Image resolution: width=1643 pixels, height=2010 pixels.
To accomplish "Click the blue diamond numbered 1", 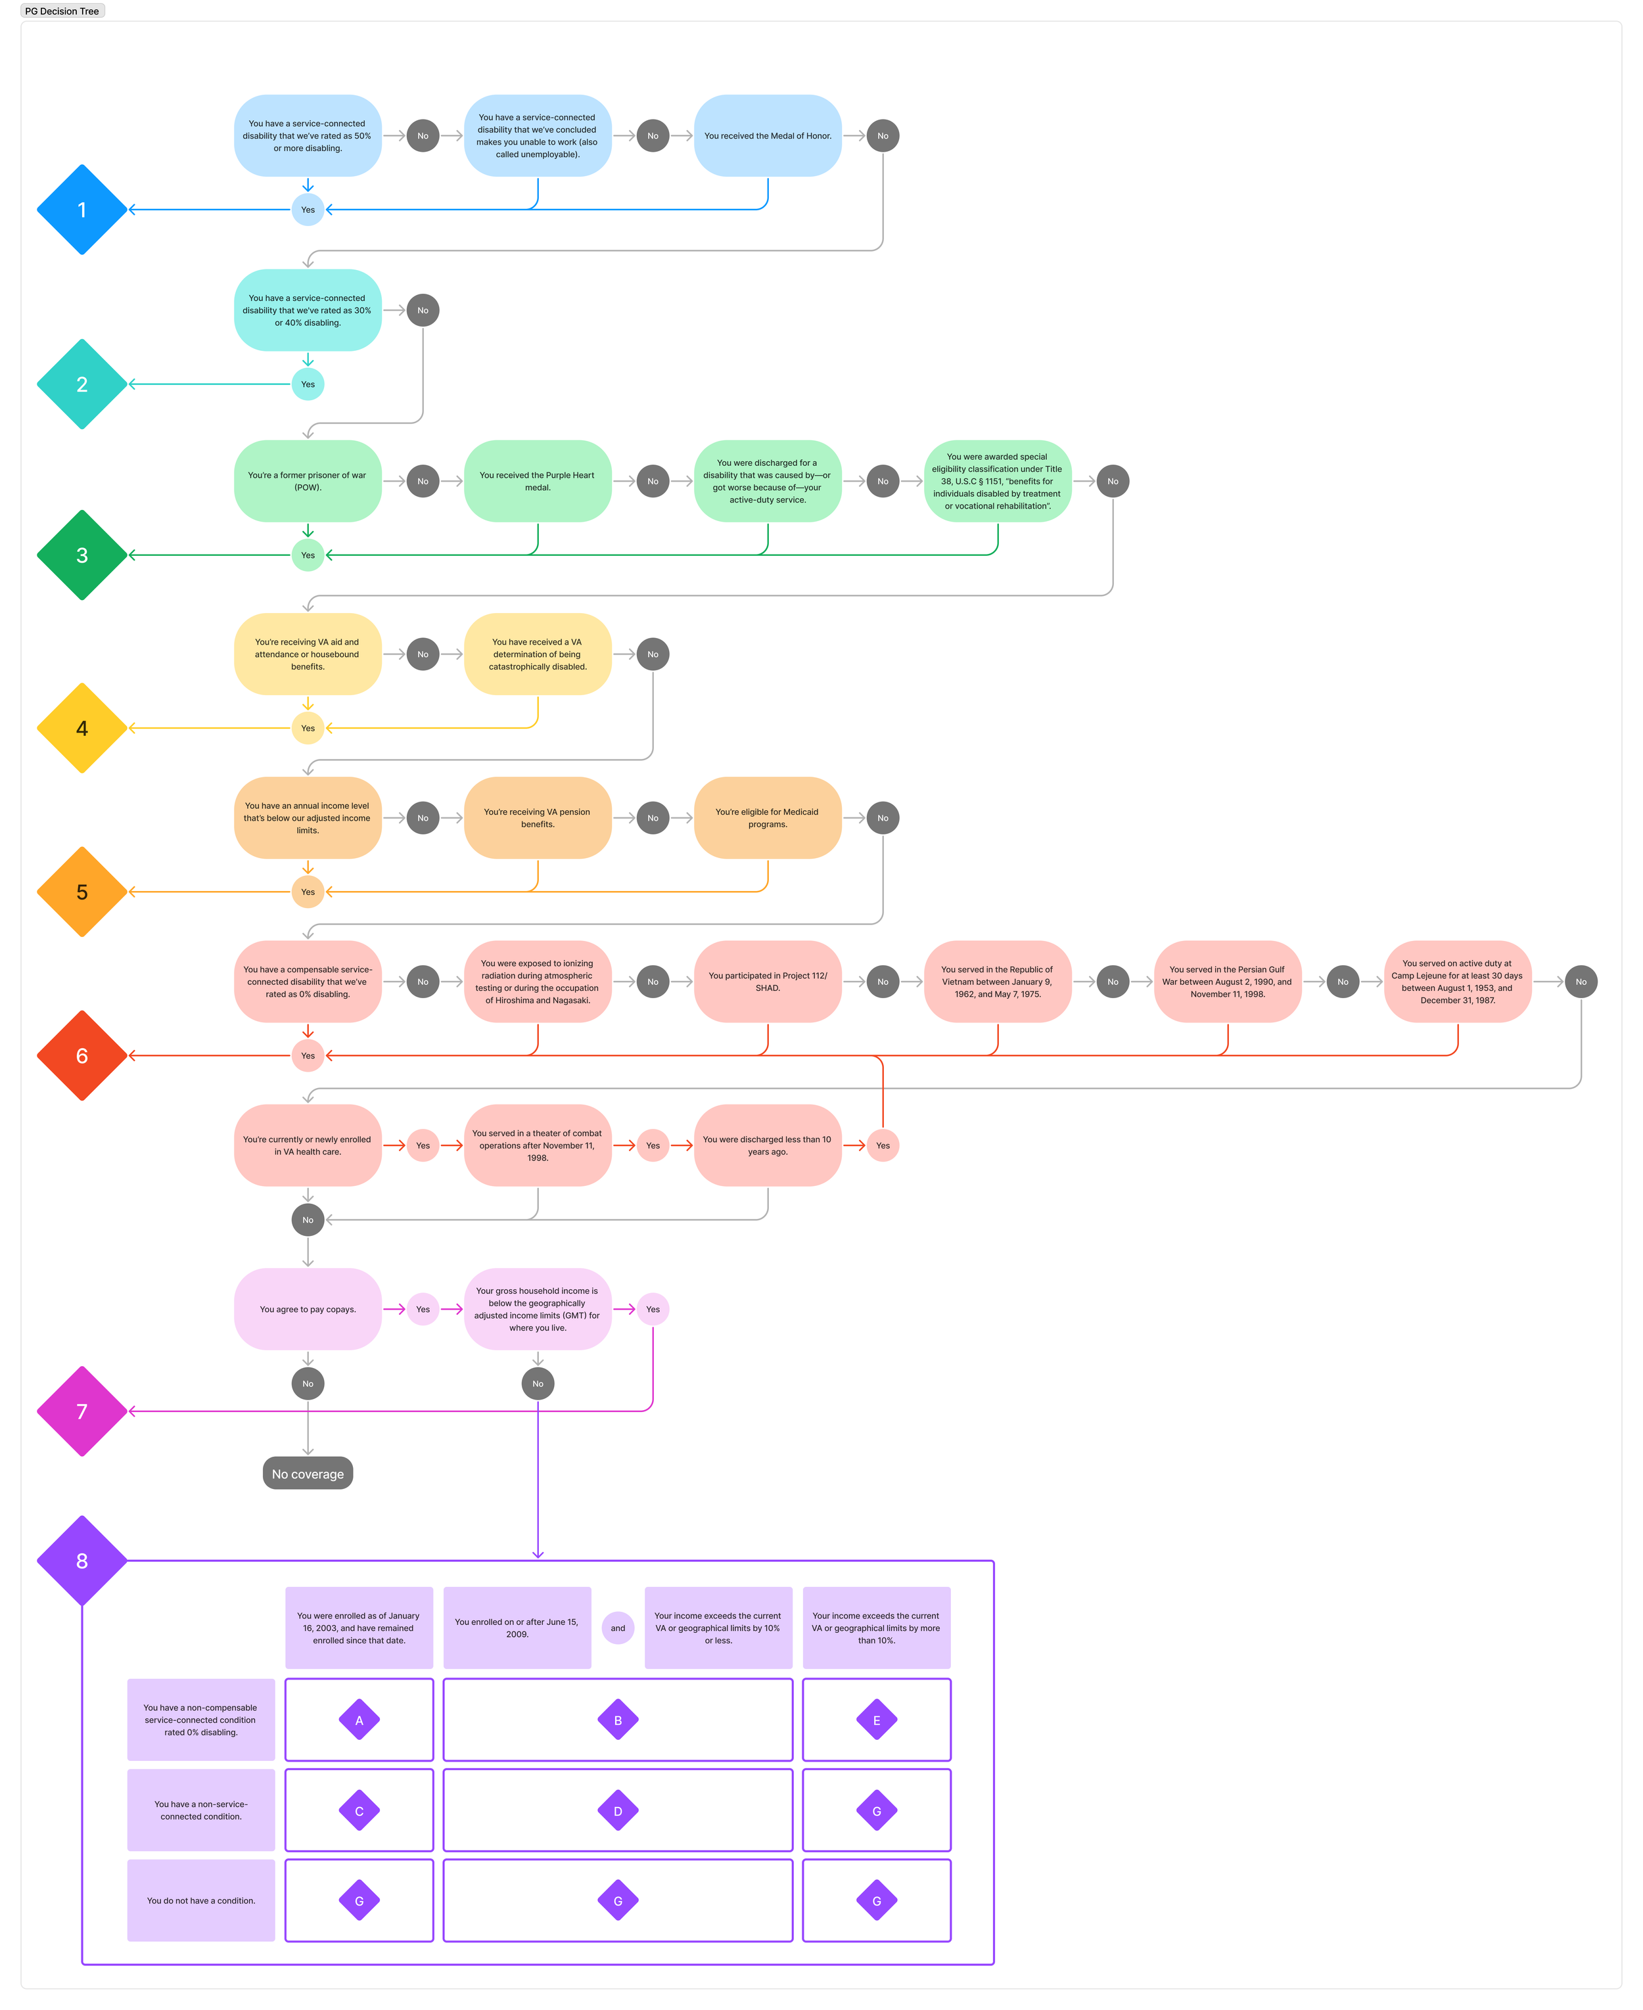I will pos(82,209).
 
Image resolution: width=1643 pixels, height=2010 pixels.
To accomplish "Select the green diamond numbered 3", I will pos(82,555).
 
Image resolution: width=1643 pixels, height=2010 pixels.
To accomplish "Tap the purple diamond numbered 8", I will pos(82,1561).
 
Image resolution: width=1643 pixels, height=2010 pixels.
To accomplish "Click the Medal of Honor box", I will pos(768,135).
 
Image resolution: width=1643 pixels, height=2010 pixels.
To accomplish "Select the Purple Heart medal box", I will pos(538,481).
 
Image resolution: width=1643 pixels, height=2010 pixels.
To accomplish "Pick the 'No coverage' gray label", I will pos(308,1473).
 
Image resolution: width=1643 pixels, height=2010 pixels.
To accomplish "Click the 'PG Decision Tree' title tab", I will pos(62,11).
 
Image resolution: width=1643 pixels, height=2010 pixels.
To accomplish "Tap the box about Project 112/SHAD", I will pos(768,981).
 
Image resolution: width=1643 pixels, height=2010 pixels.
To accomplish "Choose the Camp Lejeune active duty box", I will pos(1458,981).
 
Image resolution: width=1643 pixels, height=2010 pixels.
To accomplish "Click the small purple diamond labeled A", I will pos(359,1720).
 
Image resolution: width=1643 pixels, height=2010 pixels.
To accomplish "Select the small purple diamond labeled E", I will pos(877,1720).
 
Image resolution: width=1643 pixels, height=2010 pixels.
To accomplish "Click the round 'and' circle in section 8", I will pos(618,1628).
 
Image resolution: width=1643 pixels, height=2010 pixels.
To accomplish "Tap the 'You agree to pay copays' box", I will pos(308,1309).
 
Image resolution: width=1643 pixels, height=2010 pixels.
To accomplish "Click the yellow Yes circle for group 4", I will pos(308,728).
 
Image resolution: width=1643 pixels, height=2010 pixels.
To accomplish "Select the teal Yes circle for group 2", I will pos(308,384).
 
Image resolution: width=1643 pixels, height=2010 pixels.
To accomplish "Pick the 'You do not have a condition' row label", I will pos(200,1900).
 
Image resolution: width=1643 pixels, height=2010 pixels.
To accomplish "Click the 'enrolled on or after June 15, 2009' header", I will pos(517,1628).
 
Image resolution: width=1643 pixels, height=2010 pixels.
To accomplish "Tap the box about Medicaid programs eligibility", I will pos(768,817).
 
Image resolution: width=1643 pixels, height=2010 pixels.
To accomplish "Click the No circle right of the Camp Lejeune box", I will pos(1581,981).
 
